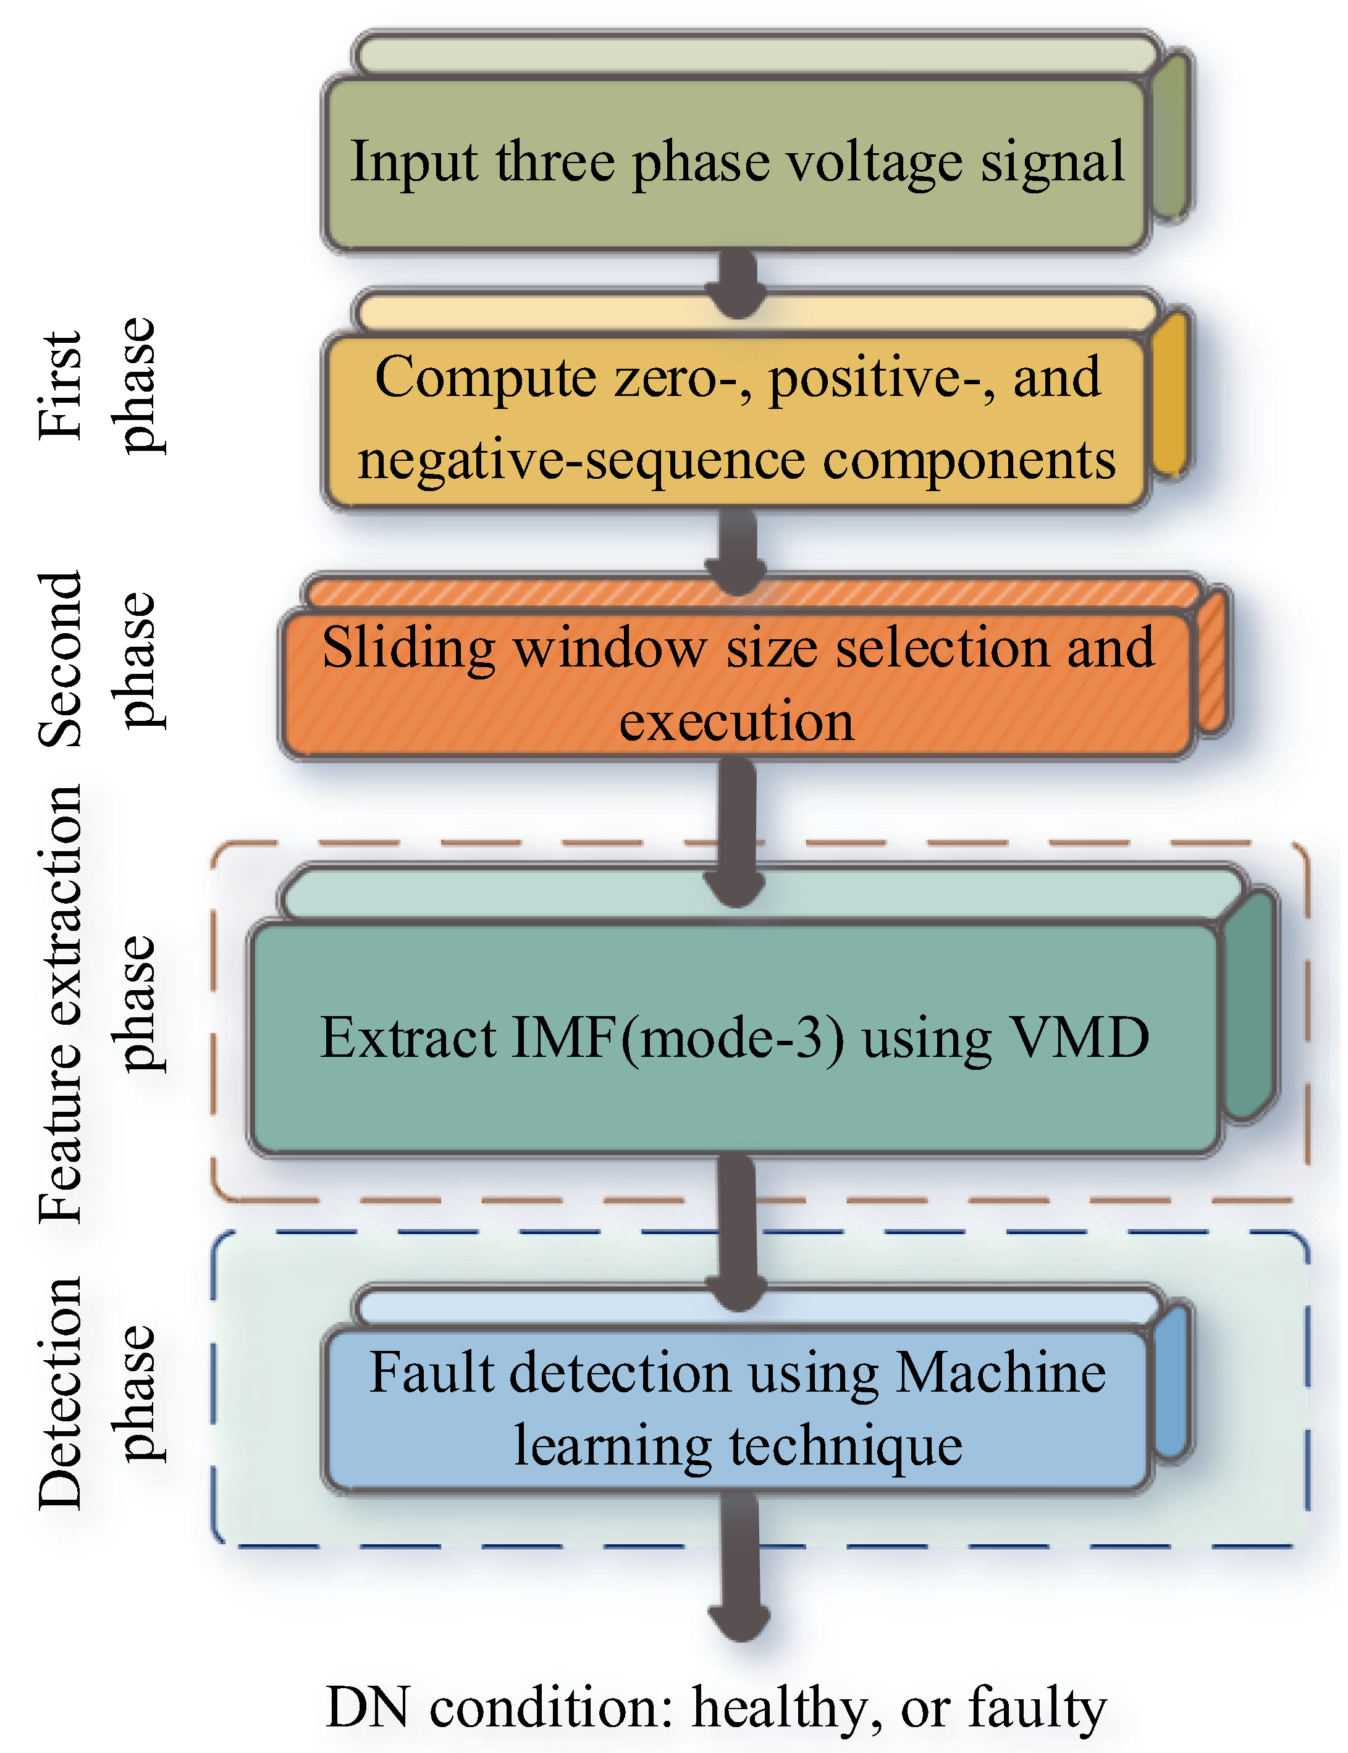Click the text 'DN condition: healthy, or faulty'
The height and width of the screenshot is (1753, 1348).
(716, 1707)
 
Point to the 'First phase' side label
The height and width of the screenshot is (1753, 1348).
(100, 385)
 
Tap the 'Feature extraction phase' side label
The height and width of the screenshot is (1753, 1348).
(100, 1003)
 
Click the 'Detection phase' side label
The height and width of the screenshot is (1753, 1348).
(100, 1392)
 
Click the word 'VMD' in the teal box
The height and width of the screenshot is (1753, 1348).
(1079, 1037)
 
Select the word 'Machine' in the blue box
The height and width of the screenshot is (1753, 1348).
(1001, 1372)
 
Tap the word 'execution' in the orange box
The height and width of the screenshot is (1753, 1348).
(736, 720)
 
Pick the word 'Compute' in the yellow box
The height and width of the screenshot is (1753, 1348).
(486, 377)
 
